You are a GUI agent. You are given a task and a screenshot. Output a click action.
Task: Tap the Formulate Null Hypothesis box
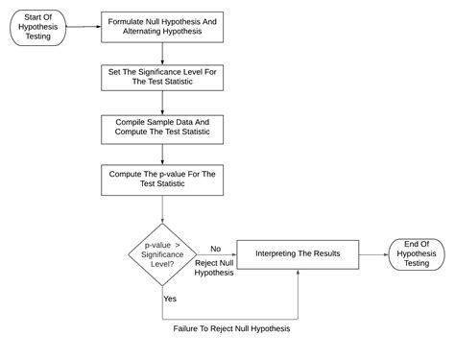[162, 27]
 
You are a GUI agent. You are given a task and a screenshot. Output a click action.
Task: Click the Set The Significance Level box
[162, 78]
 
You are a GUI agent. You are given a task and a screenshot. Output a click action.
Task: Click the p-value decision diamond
[162, 253]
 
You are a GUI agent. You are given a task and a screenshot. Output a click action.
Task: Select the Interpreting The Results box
[301, 253]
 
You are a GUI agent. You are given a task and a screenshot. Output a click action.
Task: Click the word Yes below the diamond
[170, 299]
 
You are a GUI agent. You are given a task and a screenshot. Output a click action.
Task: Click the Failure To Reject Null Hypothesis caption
[231, 328]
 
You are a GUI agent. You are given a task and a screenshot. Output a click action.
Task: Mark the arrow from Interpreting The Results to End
[376, 253]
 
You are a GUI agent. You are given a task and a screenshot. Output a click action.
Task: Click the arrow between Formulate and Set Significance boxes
[162, 53]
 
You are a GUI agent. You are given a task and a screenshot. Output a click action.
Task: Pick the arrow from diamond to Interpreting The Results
[217, 254]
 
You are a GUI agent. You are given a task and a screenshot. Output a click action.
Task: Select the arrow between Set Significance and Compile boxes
[162, 104]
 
